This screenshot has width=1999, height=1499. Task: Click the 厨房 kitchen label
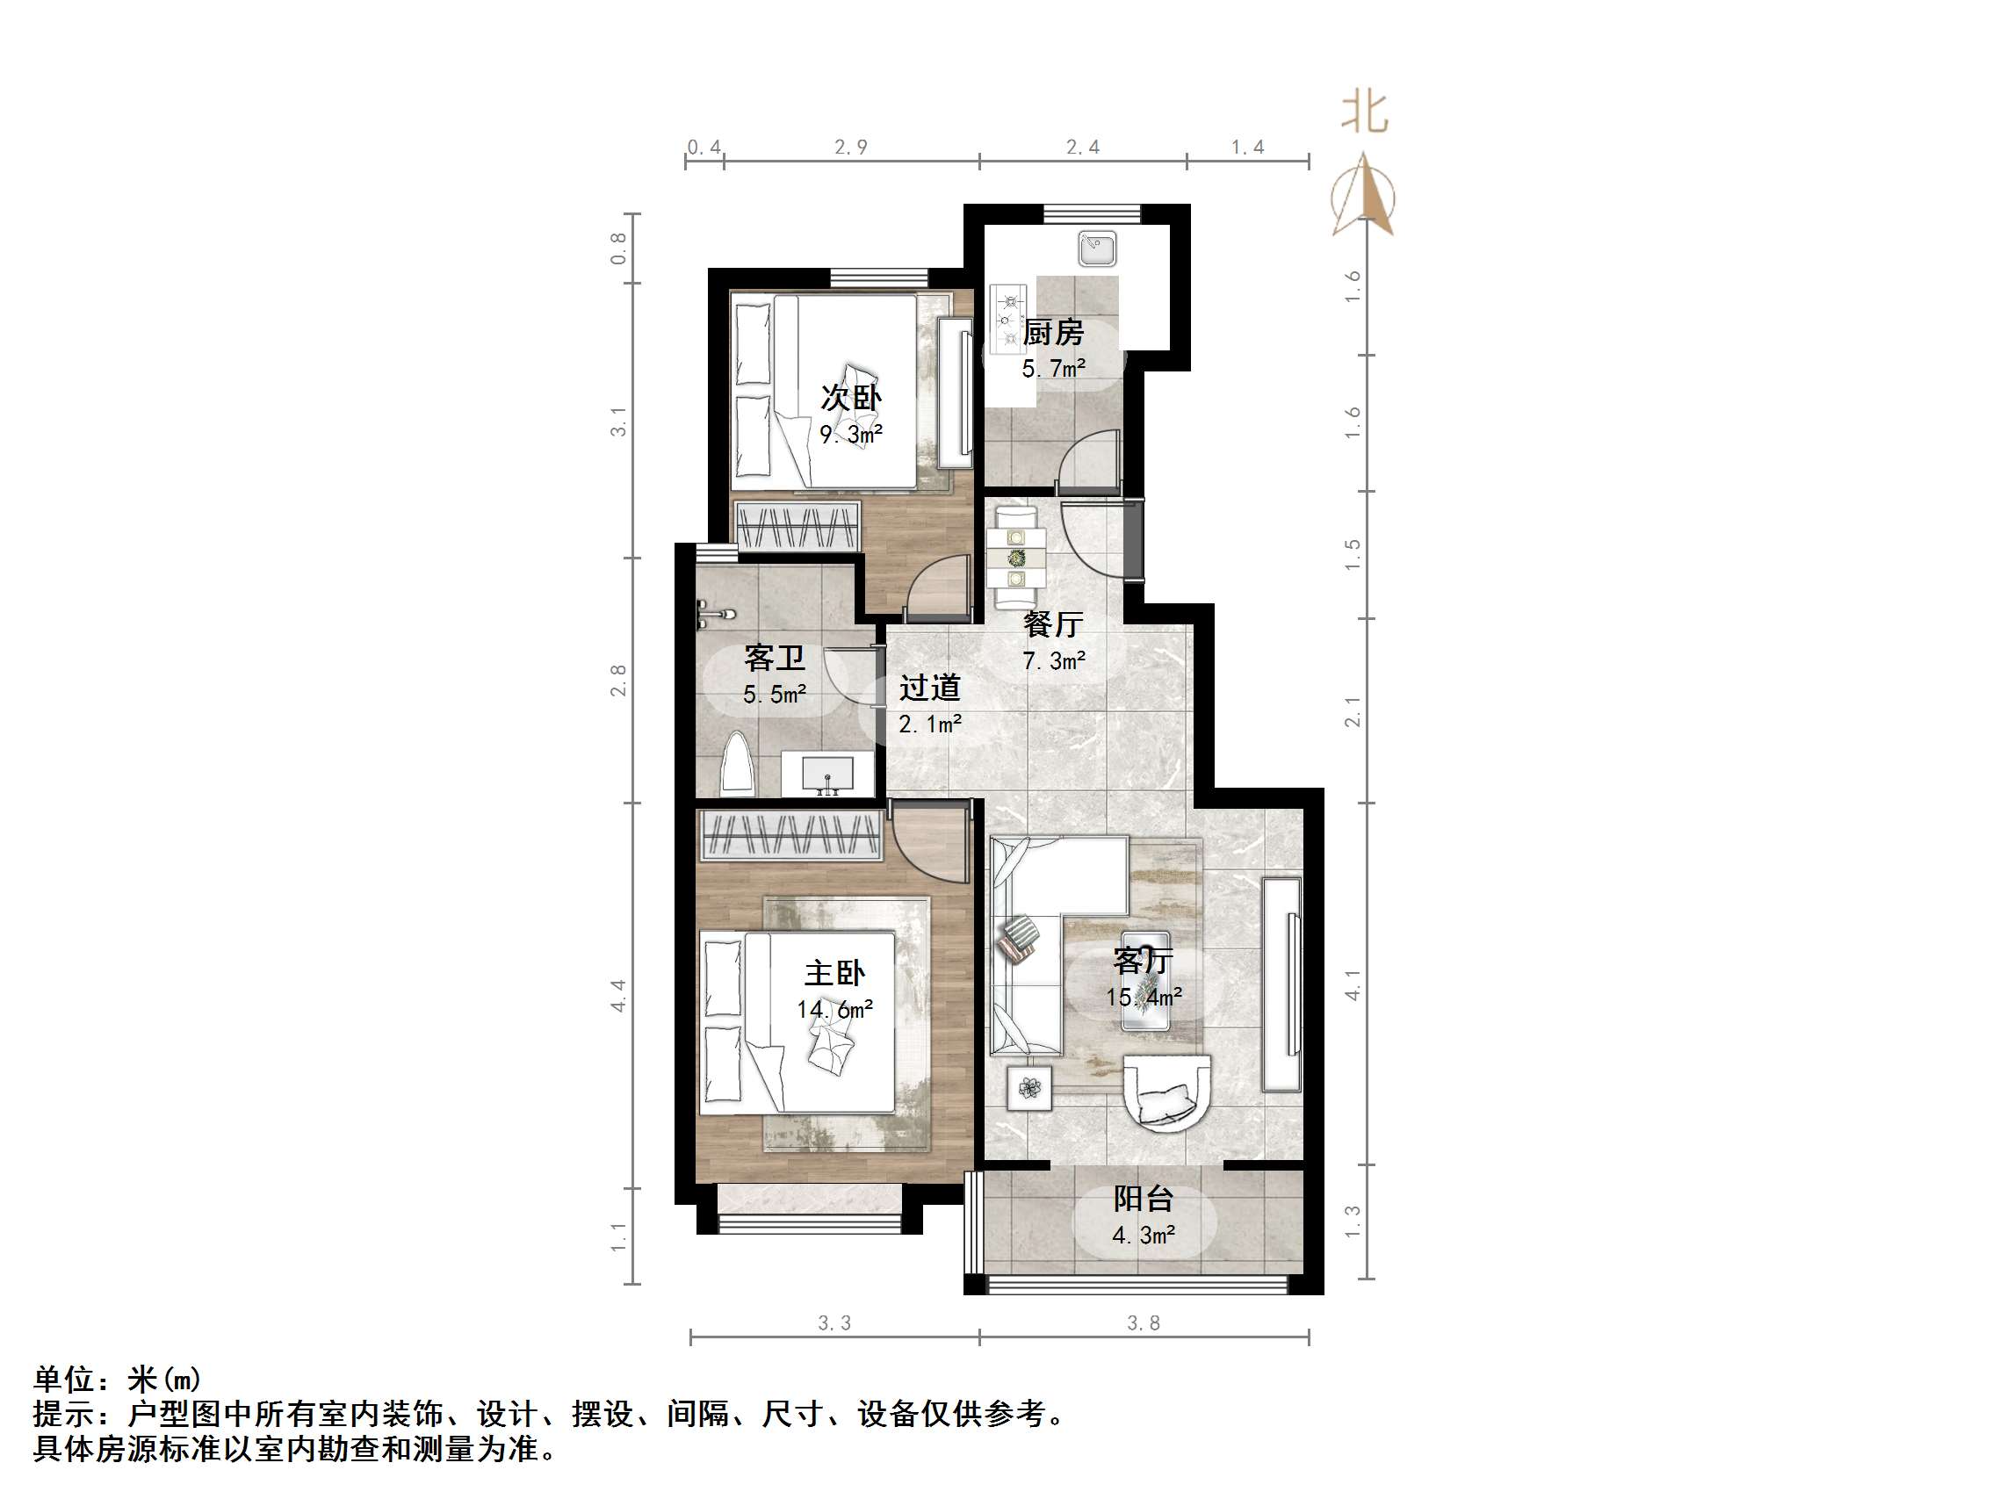1053,334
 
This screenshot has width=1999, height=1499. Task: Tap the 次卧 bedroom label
850,398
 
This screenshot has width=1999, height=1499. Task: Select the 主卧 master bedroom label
834,973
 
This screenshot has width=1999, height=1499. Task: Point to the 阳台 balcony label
1144,1199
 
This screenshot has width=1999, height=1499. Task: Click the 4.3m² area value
1144,1236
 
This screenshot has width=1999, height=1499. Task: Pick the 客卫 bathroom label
775,658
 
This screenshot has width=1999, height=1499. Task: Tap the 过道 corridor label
929,688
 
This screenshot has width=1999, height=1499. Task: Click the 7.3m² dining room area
1054,661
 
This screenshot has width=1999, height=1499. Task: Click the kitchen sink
1097,249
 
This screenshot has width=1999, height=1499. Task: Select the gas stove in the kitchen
1008,317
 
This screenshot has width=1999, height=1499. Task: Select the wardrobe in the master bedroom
791,836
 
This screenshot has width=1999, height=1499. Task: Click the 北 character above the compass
1364,113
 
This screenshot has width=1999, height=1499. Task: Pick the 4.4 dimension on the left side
619,995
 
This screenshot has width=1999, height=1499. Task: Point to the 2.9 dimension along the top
850,148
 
